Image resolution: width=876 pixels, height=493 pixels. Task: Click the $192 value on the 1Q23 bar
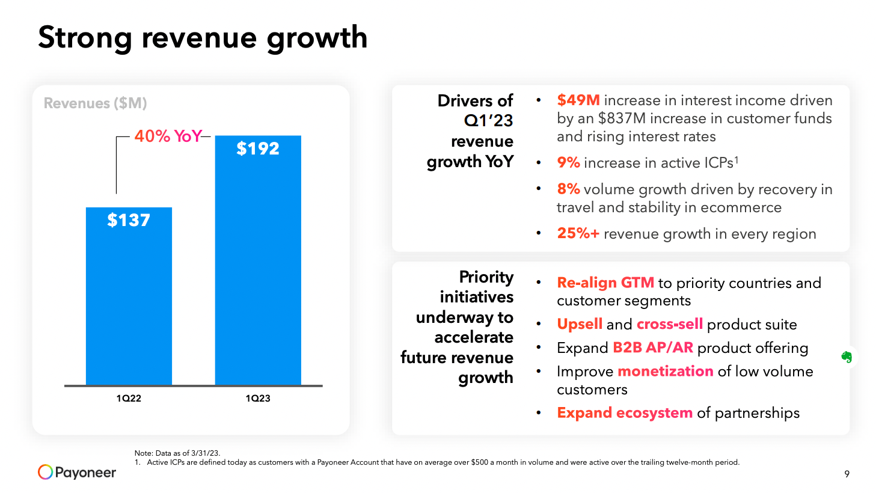pyautogui.click(x=258, y=149)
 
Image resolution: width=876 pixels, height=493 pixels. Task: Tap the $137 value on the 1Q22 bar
pyautogui.click(x=129, y=220)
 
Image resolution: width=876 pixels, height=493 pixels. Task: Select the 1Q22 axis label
pyautogui.click(x=129, y=398)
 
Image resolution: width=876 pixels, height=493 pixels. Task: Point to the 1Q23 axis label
pyautogui.click(x=258, y=398)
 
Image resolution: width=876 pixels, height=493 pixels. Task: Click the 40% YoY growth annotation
pyautogui.click(x=168, y=136)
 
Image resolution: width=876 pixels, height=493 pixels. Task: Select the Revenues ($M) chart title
pyautogui.click(x=96, y=103)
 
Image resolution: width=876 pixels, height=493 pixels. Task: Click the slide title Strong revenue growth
pyautogui.click(x=203, y=37)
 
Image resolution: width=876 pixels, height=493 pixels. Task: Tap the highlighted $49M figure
pyautogui.click(x=578, y=100)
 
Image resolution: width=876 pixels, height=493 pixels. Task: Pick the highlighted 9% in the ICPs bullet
pyautogui.click(x=568, y=163)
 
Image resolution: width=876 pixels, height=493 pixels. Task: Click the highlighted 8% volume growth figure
pyautogui.click(x=568, y=189)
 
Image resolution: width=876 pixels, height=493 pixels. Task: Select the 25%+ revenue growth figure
pyautogui.click(x=578, y=233)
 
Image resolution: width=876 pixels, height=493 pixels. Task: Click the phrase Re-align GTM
pyautogui.click(x=605, y=283)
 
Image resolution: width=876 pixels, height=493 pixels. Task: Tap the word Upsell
pyautogui.click(x=580, y=325)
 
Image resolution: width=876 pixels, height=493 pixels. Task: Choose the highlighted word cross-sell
pyautogui.click(x=670, y=325)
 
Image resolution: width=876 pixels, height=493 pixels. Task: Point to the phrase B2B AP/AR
pyautogui.click(x=653, y=348)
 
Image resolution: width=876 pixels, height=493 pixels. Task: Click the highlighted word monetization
pyautogui.click(x=666, y=372)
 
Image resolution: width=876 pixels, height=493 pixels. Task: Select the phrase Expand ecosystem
pyautogui.click(x=625, y=413)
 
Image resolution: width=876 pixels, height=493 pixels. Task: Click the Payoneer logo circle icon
pyautogui.click(x=46, y=472)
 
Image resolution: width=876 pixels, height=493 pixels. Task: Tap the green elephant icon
pyautogui.click(x=847, y=357)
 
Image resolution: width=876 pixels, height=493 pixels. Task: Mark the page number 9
pyautogui.click(x=847, y=474)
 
